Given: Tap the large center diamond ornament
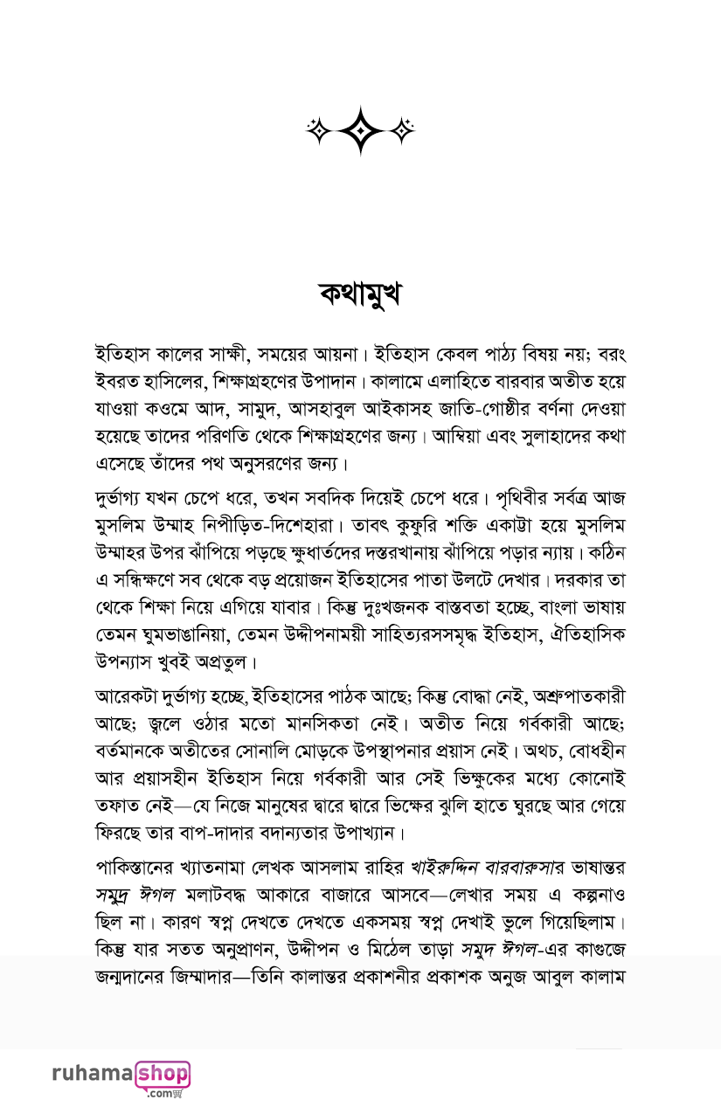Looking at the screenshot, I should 360,130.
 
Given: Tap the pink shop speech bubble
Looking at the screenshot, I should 163,1073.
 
